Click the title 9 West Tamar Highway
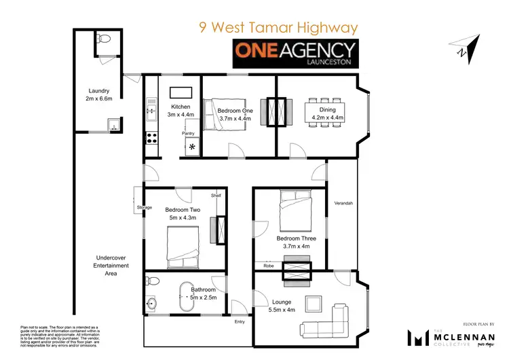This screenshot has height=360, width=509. [278, 28]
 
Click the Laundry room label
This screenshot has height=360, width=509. [99, 94]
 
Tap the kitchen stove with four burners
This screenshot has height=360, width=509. [151, 141]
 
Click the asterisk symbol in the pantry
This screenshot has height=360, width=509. [192, 147]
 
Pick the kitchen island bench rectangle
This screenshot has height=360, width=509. [180, 92]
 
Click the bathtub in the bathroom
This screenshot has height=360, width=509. [189, 296]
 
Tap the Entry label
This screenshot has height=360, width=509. [239, 323]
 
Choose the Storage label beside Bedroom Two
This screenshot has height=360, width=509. [144, 207]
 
